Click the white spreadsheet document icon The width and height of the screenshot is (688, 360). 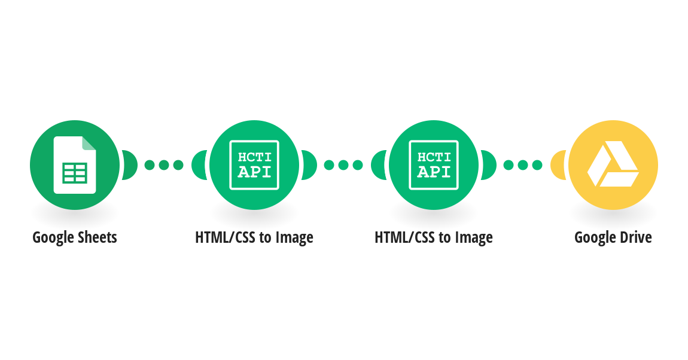pos(75,165)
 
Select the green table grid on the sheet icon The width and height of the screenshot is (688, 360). pos(75,173)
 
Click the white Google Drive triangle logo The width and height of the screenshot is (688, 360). pos(613,164)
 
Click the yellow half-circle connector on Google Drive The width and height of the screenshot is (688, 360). pos(559,165)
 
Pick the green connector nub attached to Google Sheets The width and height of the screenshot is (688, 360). pos(130,165)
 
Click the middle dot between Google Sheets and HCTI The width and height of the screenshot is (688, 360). pos(164,165)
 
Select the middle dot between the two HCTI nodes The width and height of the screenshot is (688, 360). pos(343,165)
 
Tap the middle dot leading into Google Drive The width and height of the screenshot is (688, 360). pos(523,165)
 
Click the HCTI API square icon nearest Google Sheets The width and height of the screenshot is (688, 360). pos(254,165)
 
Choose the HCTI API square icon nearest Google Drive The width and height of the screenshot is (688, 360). pos(434,165)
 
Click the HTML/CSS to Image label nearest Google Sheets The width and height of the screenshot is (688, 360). pos(254,237)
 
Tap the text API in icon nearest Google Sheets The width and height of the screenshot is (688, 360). pos(254,172)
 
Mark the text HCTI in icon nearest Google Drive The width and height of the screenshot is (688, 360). pos(434,157)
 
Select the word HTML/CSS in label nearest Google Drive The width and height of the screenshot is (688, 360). pos(403,237)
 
